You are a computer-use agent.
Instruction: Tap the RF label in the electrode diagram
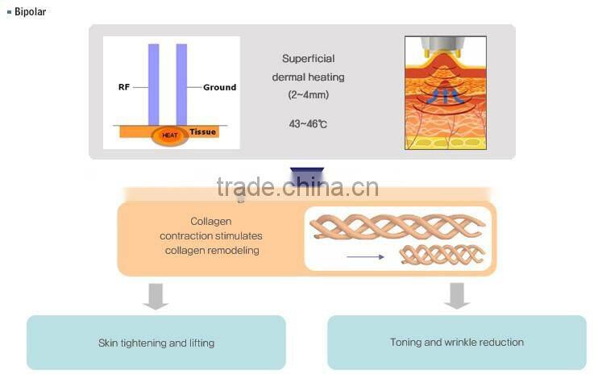[x=123, y=87]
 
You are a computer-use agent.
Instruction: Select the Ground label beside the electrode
[x=219, y=87]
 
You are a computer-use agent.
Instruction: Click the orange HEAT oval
[x=170, y=135]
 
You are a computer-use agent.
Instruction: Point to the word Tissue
[x=203, y=131]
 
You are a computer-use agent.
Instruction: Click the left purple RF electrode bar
[x=153, y=85]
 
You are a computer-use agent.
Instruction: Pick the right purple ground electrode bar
[x=181, y=85]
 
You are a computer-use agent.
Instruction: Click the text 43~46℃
[x=308, y=123]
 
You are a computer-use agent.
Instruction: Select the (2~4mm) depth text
[x=308, y=94]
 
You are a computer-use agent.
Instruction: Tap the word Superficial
[x=308, y=59]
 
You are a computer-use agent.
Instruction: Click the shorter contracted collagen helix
[x=444, y=256]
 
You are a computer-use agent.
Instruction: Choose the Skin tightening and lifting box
[x=156, y=343]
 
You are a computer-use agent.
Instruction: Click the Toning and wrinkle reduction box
[x=457, y=343]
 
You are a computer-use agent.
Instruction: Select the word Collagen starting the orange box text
[x=211, y=221]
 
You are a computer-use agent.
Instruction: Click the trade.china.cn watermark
[x=297, y=187]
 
